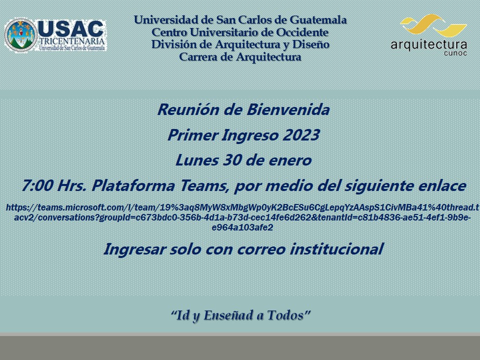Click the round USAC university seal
pos(20,35)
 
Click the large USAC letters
pos(70,29)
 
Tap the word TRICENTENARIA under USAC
pos(72,41)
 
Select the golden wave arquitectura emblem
pos(433,25)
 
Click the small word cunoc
pos(455,53)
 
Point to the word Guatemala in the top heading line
pos(318,20)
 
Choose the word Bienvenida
pos(288,109)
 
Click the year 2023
pos(301,135)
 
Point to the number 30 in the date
pos(231,160)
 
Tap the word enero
pos(291,160)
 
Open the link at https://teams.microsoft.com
pos(242,217)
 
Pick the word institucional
pos(336,249)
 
